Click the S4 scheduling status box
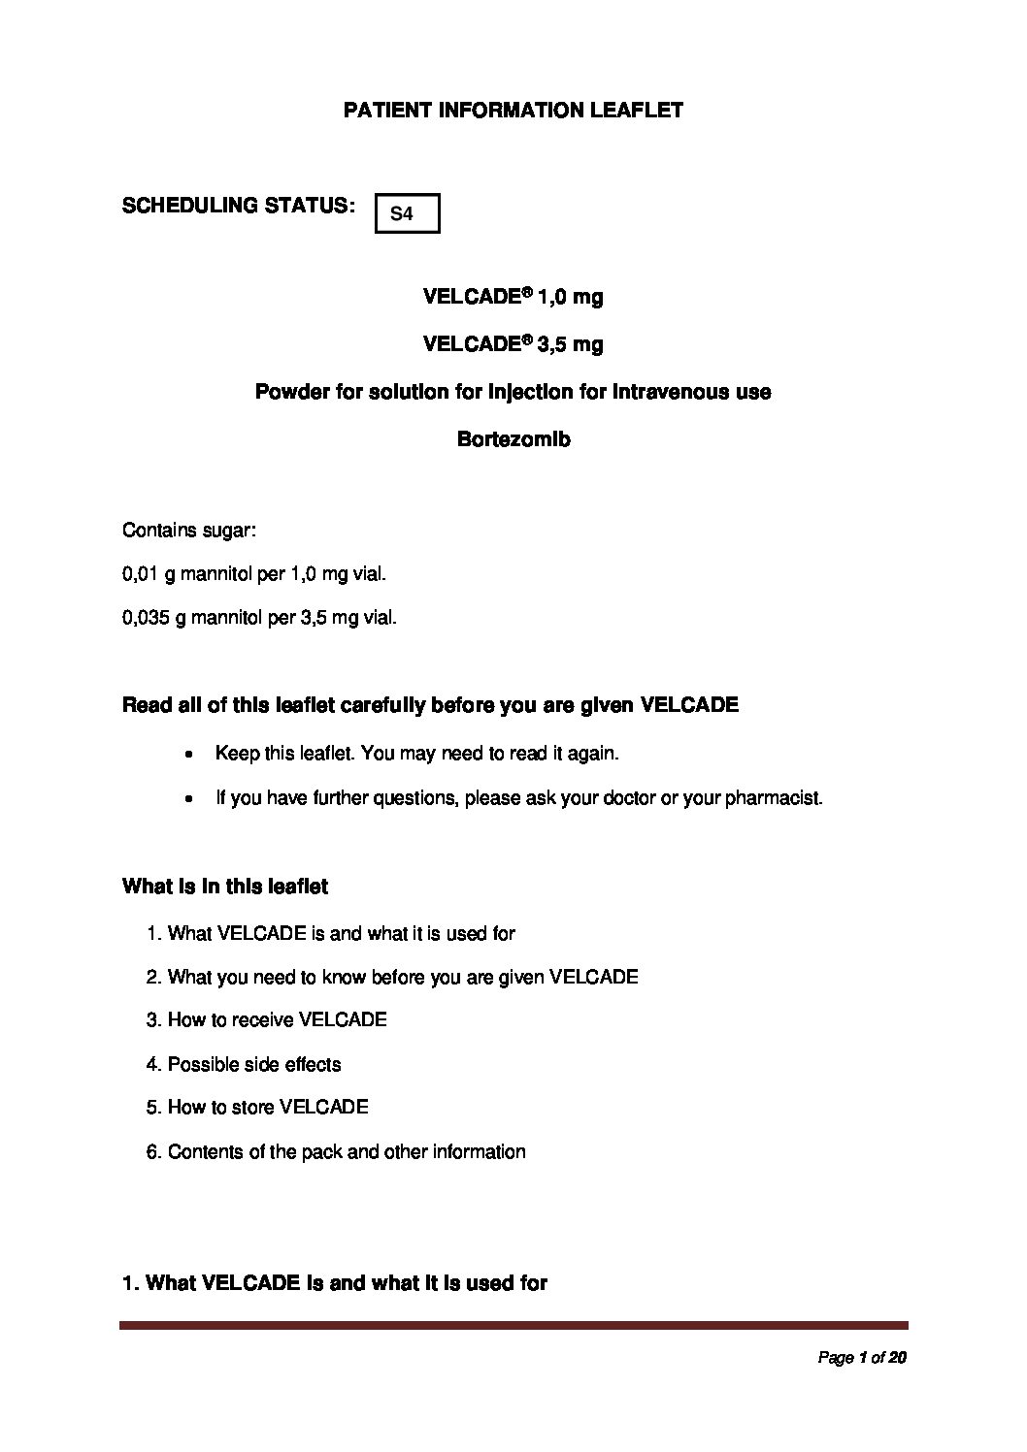click(408, 213)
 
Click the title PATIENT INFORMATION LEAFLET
click(513, 110)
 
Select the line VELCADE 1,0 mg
click(513, 297)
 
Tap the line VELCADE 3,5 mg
click(513, 344)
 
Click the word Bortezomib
click(513, 439)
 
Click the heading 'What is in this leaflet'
click(225, 886)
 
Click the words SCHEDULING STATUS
click(237, 206)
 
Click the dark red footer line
click(513, 1325)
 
